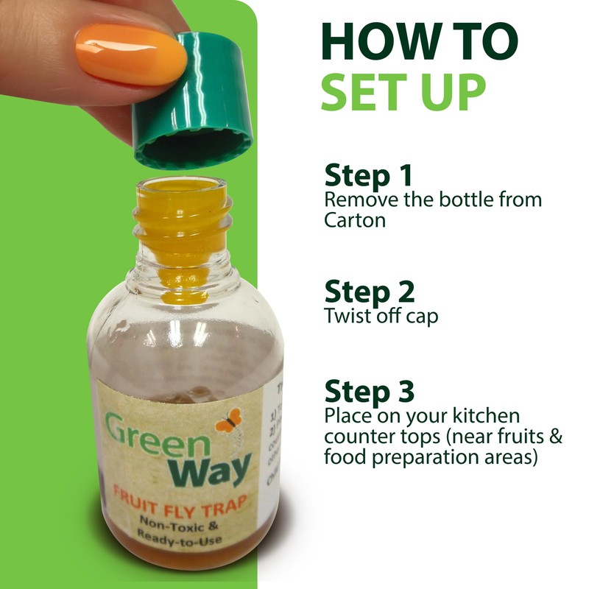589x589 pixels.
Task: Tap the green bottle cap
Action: (193, 103)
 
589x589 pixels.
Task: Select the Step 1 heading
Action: (368, 177)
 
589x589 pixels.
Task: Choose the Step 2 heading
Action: (369, 292)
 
